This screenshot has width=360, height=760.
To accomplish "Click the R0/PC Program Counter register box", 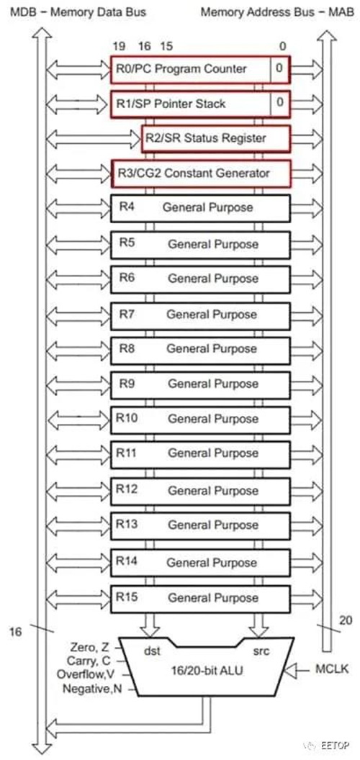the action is point(200,69).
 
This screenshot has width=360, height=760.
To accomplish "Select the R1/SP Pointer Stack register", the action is point(200,104).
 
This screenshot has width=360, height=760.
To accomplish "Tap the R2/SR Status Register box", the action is point(216,139).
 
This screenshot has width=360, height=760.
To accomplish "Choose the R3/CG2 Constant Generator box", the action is point(200,173).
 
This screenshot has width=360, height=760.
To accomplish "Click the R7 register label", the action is point(127,314).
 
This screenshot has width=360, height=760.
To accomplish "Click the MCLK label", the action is point(332,669).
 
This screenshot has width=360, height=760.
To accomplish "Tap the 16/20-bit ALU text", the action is point(207,671).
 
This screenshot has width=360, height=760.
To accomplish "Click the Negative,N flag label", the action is point(92,689).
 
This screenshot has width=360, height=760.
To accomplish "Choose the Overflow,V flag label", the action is point(89,674).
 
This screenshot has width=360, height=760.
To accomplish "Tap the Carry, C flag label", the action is point(90,660).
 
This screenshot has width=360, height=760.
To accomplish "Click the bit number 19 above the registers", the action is point(119,47).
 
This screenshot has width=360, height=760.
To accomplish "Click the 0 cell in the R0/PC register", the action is point(279,68).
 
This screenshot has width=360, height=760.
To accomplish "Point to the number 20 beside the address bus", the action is point(346,620).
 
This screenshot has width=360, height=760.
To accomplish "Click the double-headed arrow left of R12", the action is point(79,490).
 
